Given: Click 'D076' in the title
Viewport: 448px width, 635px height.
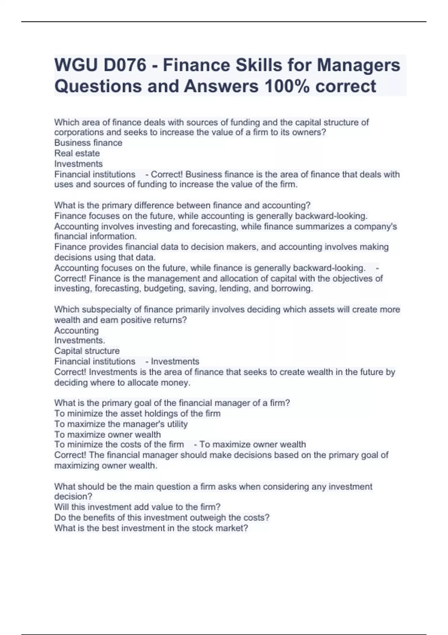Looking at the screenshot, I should [125, 65].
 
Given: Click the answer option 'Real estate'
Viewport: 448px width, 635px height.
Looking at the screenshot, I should [77, 154].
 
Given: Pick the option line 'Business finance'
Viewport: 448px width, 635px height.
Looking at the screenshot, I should [88, 143].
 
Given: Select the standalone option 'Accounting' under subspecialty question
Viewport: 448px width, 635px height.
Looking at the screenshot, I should [77, 331].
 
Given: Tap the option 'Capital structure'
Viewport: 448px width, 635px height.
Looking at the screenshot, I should [87, 351].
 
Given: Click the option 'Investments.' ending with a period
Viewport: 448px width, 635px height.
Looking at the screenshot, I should [80, 341].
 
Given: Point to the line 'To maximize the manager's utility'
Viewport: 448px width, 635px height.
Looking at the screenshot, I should [121, 424].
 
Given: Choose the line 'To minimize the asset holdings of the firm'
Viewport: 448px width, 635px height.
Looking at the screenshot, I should [137, 414].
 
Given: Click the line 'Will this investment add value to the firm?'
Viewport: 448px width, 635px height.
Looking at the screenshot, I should [137, 507].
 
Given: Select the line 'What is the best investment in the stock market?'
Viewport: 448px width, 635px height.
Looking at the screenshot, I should [151, 529].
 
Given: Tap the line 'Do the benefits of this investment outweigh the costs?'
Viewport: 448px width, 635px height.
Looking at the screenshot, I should [162, 518].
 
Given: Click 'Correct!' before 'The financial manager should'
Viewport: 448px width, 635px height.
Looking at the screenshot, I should [70, 455].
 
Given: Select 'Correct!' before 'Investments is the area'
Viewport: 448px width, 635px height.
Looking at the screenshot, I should [70, 372].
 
